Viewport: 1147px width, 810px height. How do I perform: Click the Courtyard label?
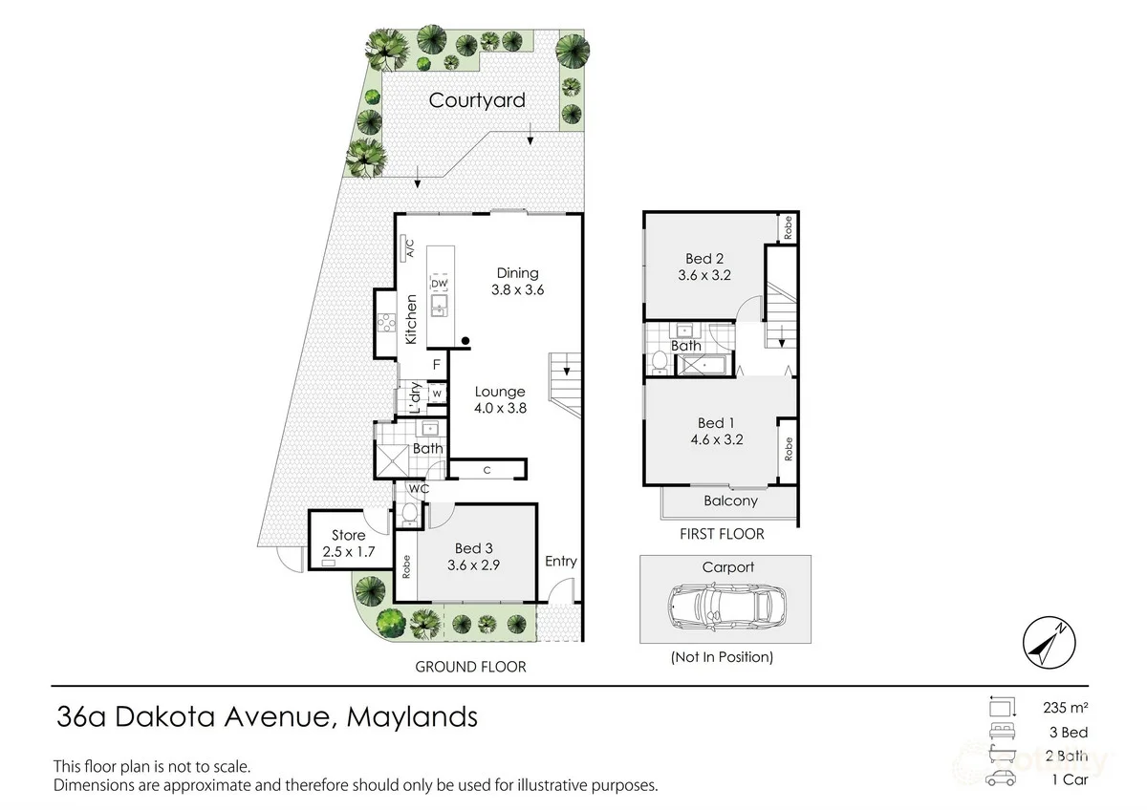(477, 100)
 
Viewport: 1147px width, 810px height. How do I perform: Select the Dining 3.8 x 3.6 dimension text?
(517, 290)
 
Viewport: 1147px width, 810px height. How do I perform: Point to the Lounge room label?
(500, 392)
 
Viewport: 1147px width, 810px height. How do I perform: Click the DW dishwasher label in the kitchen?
(440, 285)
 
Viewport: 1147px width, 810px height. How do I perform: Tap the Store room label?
(349, 535)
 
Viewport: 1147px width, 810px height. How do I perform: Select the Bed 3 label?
(474, 547)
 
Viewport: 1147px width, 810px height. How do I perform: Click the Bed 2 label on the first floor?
(705, 258)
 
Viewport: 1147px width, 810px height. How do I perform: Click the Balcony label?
(730, 501)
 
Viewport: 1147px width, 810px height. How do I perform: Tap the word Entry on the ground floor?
(561, 561)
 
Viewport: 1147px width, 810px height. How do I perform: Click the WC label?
(418, 489)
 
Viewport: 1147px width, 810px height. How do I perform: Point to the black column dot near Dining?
(465, 340)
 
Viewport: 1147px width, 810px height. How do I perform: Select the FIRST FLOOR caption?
(722, 534)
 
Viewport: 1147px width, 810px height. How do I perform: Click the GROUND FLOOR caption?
(470, 667)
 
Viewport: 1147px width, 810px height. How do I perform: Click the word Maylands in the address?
(412, 716)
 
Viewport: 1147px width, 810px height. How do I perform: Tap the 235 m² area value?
(1065, 708)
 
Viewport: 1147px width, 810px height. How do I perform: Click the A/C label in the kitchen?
(408, 249)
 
